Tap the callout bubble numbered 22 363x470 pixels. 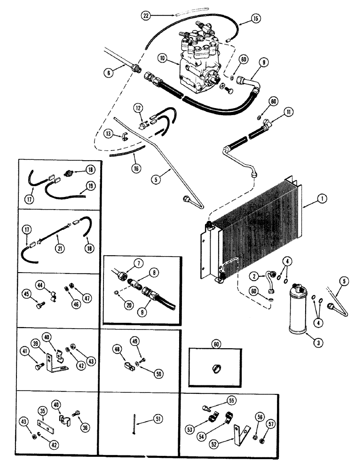(146, 16)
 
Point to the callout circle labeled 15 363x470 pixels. (255, 20)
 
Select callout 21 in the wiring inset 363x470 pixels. (60, 248)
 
